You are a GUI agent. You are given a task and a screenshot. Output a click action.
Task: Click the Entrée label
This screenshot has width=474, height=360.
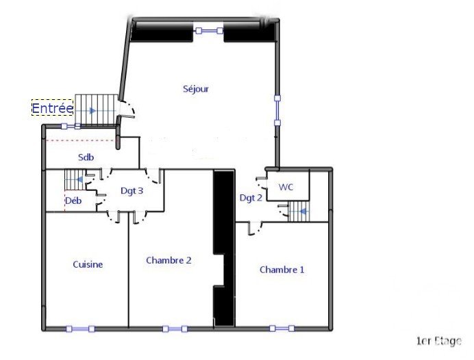click(x=52, y=108)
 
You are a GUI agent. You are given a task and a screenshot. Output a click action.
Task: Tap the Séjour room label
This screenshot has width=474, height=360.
click(x=196, y=89)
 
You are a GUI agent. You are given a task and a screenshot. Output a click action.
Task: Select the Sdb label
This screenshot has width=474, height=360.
click(x=86, y=157)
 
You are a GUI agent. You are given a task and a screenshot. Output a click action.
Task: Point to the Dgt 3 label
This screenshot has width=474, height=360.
click(x=132, y=191)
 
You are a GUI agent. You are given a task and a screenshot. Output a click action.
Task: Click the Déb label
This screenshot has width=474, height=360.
click(x=73, y=201)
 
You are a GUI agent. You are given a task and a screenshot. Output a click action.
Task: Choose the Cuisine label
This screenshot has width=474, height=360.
click(x=88, y=265)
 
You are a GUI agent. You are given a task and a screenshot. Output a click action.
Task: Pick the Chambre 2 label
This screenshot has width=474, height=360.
click(x=169, y=260)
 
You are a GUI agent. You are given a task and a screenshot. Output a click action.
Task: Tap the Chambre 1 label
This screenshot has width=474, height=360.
click(x=282, y=270)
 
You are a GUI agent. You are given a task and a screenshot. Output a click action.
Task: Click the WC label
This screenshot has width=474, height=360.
click(x=286, y=187)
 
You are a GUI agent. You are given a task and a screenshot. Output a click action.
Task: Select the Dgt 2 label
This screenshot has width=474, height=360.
click(x=251, y=198)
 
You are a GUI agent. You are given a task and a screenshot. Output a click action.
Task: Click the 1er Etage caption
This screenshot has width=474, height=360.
click(x=439, y=341)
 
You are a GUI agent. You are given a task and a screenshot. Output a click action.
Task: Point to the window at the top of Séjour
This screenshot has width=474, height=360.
click(x=209, y=31)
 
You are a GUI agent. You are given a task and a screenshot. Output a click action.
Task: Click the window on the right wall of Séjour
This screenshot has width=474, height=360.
click(x=277, y=110)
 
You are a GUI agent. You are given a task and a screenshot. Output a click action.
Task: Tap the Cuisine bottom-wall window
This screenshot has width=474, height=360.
click(x=80, y=329)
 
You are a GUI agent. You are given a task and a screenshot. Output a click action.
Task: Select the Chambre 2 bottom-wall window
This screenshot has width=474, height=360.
click(x=175, y=329)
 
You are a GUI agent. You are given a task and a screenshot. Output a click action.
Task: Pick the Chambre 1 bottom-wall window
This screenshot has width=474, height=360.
click(x=282, y=329)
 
